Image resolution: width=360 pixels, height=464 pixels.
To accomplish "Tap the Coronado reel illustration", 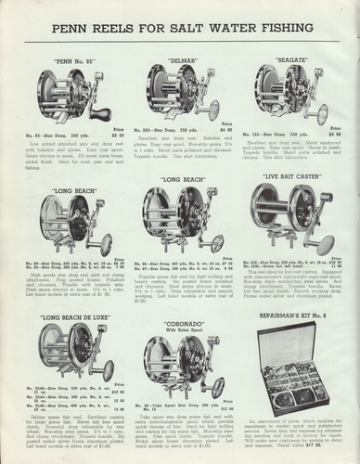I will pos(182,369).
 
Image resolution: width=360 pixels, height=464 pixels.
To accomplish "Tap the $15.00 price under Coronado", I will pos(219,408).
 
